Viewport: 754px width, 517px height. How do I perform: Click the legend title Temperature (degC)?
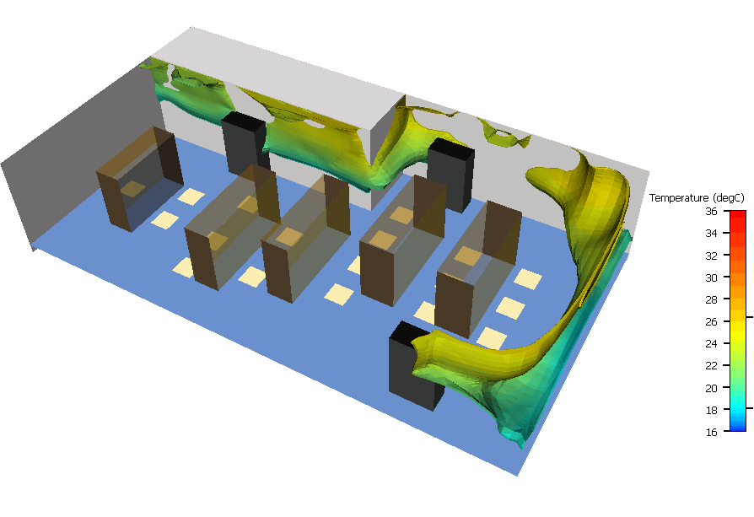click(697, 197)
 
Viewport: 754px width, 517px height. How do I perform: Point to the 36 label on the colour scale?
click(711, 211)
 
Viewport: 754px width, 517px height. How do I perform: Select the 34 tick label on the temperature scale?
click(711, 234)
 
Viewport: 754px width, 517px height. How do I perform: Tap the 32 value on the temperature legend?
click(711, 256)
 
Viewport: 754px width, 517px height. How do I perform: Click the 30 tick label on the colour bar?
click(711, 277)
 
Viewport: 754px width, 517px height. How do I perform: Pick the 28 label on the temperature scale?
click(711, 299)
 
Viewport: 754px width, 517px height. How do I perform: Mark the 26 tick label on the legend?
click(711, 321)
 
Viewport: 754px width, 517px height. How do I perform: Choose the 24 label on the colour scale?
click(711, 343)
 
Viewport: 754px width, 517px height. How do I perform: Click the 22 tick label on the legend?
click(711, 365)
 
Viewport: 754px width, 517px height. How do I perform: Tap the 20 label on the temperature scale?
click(711, 388)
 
